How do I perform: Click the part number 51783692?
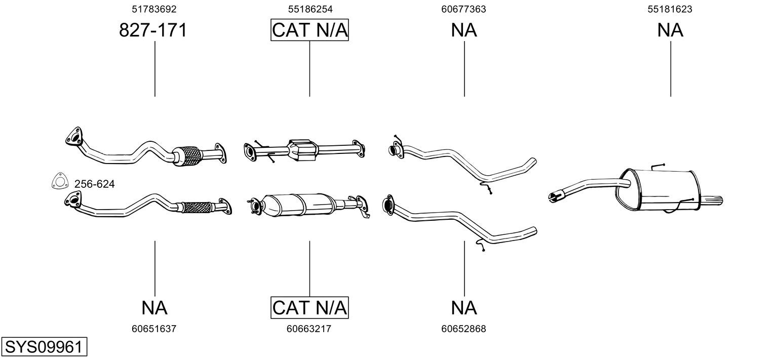(x=154, y=9)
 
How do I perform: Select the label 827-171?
(x=153, y=30)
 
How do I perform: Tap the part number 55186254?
(x=310, y=9)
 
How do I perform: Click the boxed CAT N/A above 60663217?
(x=310, y=307)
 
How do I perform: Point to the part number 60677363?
(x=463, y=9)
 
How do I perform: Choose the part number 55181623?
(x=670, y=9)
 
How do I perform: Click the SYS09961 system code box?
(x=44, y=348)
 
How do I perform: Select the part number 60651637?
(x=154, y=329)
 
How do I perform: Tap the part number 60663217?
(x=309, y=329)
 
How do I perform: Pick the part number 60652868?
(x=463, y=329)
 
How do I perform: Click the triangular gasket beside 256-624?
(x=60, y=182)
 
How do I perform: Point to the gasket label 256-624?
(x=95, y=184)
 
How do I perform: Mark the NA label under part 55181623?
(x=670, y=30)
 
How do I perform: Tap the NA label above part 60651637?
(x=154, y=307)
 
